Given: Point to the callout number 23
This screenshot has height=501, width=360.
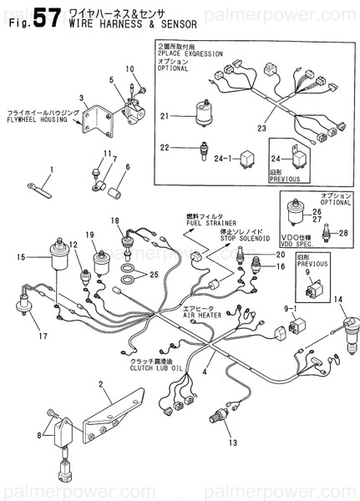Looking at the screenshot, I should (x=261, y=129).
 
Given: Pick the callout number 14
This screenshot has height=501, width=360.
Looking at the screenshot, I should (x=337, y=299).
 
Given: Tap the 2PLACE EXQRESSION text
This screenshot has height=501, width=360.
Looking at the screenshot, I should (x=190, y=53).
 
